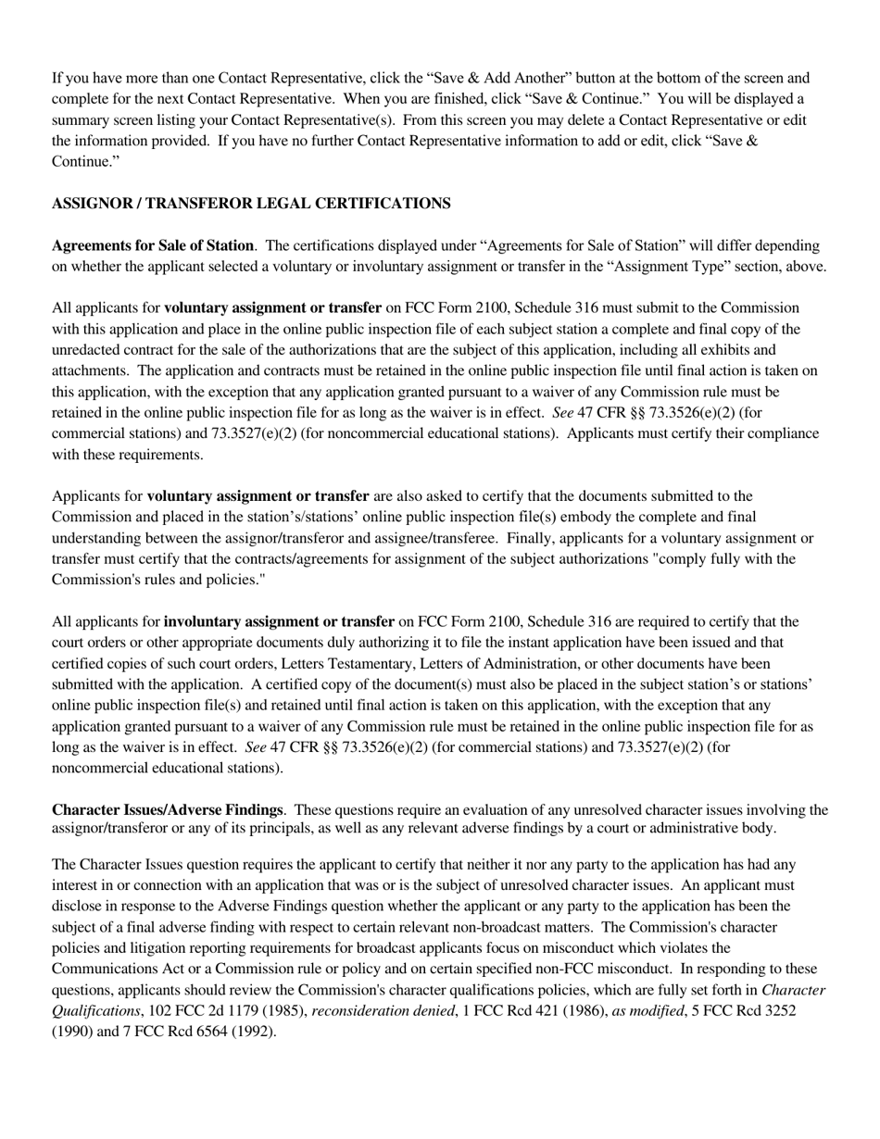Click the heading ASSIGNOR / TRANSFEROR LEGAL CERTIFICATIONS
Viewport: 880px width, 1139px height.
coord(251,204)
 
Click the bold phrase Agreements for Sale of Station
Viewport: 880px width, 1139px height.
coord(153,245)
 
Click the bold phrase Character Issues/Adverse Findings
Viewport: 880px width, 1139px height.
coord(167,810)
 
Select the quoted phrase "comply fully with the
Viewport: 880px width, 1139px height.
coord(720,558)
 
